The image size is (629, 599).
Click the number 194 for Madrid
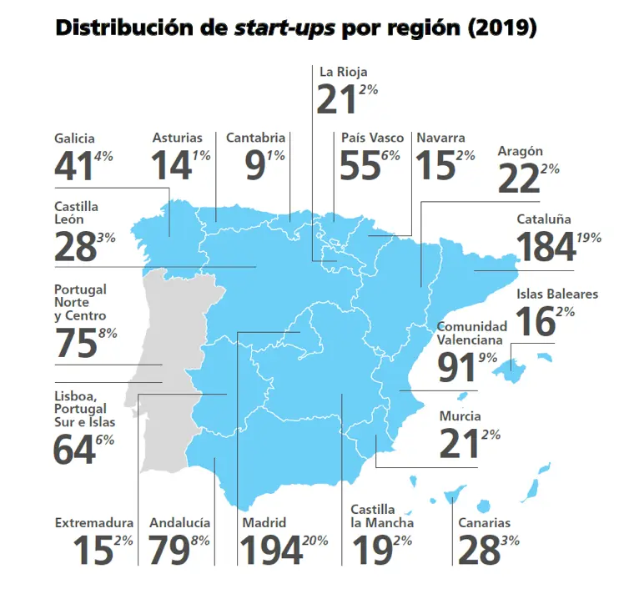[x=272, y=551]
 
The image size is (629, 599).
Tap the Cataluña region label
[x=544, y=219]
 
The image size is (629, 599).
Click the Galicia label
[x=74, y=138]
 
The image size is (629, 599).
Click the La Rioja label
[x=343, y=72]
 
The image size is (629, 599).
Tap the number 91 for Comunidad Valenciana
[x=457, y=366]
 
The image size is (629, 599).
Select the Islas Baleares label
[x=556, y=294]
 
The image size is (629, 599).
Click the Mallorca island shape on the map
[x=521, y=356]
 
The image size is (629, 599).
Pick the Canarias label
[x=483, y=523]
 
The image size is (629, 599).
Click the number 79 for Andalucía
[x=169, y=551]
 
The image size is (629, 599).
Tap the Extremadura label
[x=93, y=523]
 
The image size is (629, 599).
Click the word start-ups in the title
[x=287, y=28]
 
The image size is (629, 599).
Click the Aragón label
[x=520, y=151]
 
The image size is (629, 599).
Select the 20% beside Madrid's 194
[x=315, y=541]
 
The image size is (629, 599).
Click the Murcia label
[x=460, y=416]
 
